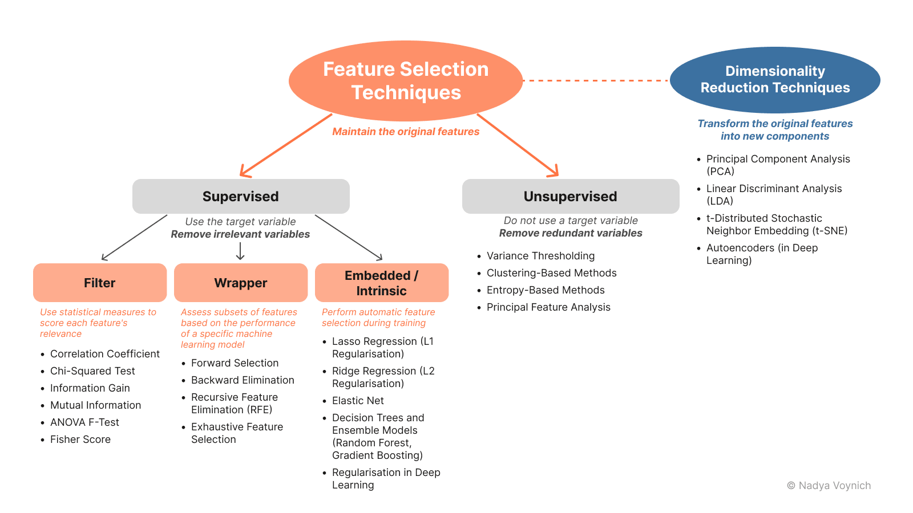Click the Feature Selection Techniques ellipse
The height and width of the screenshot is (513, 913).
(406, 80)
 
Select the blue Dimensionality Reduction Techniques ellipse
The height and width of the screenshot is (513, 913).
(775, 80)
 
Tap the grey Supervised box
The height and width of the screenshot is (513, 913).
(241, 196)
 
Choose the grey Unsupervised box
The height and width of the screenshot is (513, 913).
(571, 196)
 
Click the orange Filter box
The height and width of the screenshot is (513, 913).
(100, 283)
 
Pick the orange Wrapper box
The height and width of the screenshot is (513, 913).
(241, 283)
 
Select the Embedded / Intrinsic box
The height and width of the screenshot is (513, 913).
(382, 283)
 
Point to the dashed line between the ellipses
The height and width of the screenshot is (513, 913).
(596, 80)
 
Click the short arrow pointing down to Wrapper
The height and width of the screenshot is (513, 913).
(240, 251)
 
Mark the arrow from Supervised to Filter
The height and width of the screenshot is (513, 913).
(134, 238)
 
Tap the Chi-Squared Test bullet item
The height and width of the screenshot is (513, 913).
(92, 371)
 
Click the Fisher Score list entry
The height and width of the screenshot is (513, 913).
(80, 439)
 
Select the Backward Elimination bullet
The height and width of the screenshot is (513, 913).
(243, 380)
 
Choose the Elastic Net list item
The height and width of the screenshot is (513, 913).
(358, 401)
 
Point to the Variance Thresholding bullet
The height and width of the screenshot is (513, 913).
(540, 256)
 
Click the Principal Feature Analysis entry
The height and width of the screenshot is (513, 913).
(548, 307)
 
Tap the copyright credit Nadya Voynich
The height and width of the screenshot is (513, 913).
(829, 486)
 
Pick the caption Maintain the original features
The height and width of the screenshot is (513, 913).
(406, 132)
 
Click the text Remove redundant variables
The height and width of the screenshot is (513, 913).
(571, 233)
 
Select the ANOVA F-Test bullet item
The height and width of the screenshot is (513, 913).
(84, 422)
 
